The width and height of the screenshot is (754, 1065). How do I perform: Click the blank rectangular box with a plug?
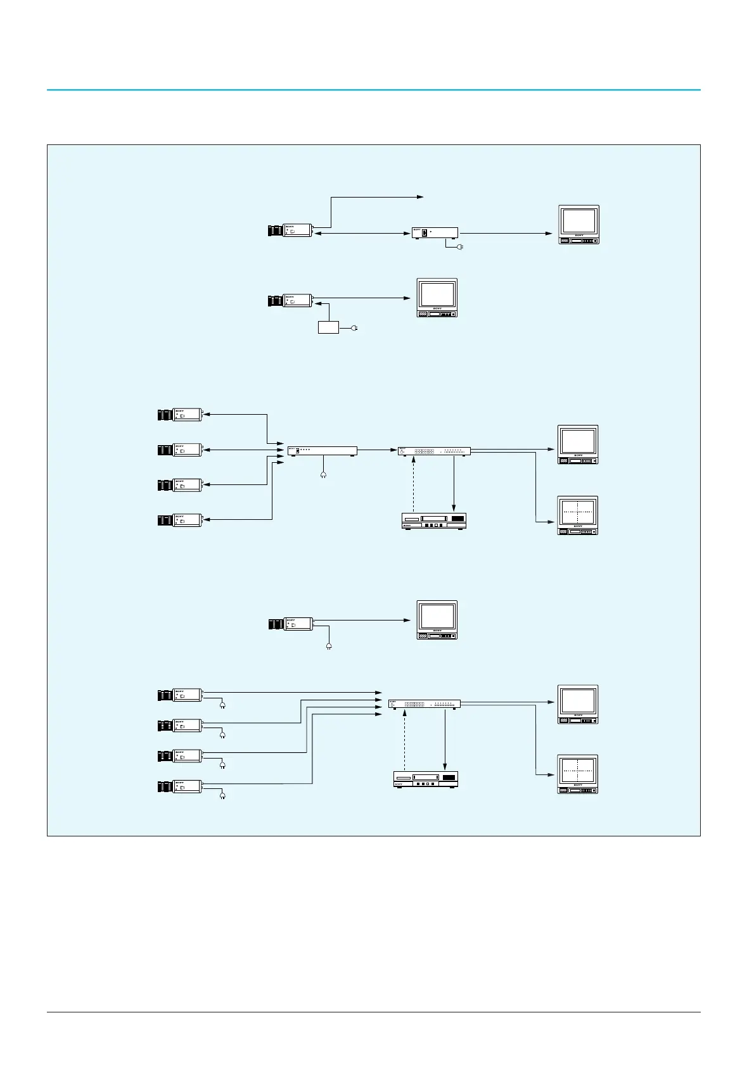(328, 327)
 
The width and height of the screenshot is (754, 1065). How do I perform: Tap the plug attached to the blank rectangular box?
(355, 328)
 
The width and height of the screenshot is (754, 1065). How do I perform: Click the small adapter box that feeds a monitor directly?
(435, 232)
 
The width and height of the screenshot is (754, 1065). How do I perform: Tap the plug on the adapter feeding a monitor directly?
(460, 246)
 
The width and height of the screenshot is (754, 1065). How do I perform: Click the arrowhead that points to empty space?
(421, 197)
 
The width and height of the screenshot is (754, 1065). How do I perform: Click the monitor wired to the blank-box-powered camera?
(437, 298)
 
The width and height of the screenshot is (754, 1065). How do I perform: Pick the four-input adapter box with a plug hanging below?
(322, 451)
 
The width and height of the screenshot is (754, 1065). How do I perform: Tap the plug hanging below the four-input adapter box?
(324, 475)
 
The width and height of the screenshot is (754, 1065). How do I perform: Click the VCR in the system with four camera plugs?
(426, 779)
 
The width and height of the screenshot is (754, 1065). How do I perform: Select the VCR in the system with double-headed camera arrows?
(434, 521)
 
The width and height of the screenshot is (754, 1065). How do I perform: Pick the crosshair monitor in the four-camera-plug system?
(577, 774)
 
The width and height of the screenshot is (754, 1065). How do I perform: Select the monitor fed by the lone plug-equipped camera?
(437, 620)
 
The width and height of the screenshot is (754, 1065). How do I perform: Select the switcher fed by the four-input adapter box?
(434, 451)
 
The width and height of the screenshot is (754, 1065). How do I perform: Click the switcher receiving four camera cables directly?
(424, 703)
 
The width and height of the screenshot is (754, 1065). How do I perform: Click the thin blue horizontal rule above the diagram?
(374, 90)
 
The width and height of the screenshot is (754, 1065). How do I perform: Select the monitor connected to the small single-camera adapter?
(578, 225)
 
